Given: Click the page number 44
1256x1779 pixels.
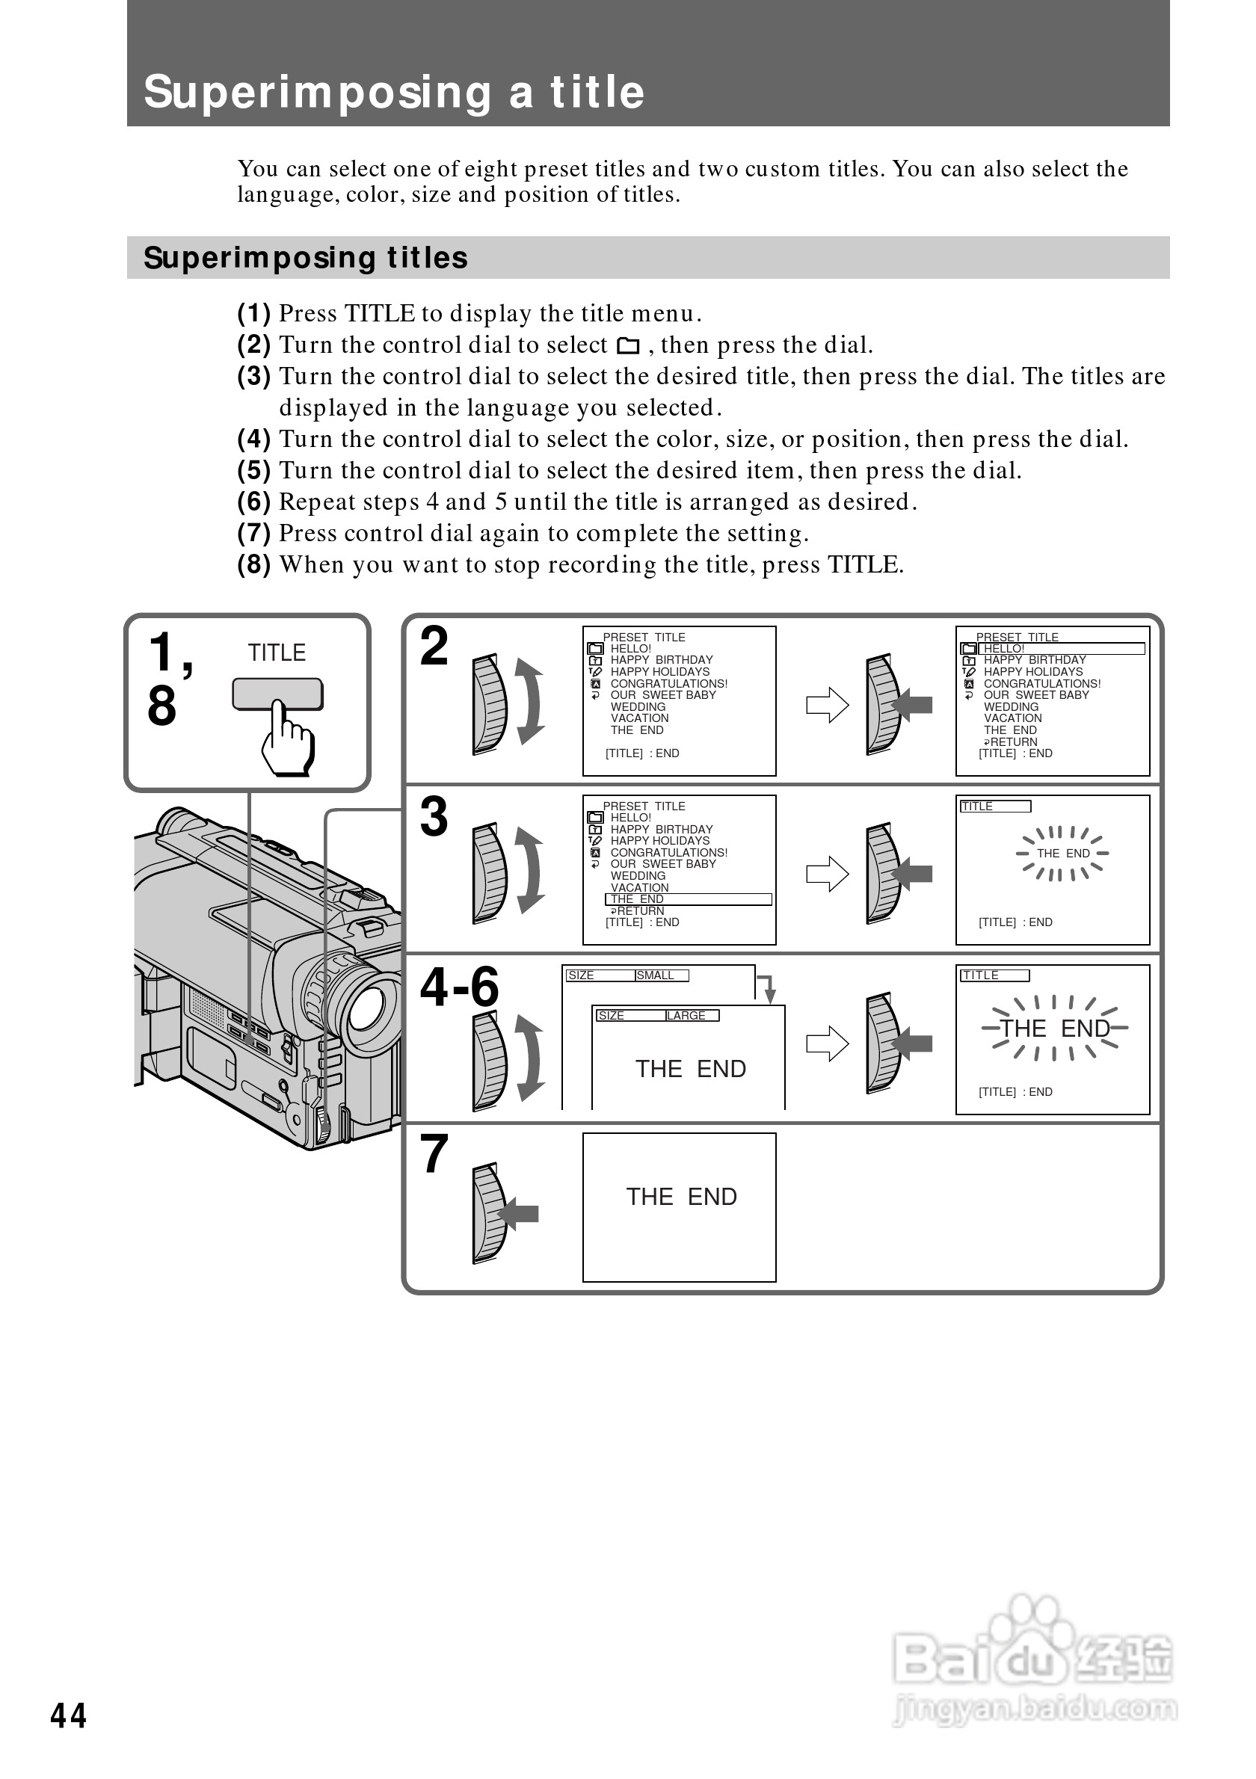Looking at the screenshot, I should click(x=68, y=1716).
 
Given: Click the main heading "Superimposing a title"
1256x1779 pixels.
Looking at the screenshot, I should click(x=393, y=92).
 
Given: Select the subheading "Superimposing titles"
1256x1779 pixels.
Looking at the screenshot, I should click(x=305, y=258).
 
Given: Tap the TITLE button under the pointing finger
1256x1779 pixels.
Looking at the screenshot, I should click(x=277, y=694).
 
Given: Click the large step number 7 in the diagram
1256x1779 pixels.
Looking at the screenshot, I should click(x=434, y=1156).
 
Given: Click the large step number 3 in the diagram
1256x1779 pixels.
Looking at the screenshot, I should click(x=434, y=817).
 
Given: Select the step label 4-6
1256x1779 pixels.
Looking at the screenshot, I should click(x=459, y=987).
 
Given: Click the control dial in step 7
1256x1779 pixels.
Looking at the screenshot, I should click(x=489, y=1213).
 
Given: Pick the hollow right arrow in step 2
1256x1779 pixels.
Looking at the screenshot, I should click(x=828, y=705).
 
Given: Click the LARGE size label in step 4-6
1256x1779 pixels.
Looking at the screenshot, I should click(x=686, y=1016).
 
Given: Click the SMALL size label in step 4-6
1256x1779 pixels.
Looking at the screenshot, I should click(x=656, y=975).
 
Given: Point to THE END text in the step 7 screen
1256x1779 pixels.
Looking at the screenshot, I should click(x=681, y=1197).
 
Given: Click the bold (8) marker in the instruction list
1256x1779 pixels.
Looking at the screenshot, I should click(x=253, y=565).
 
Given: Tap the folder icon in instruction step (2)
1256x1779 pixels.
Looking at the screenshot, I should click(x=627, y=345).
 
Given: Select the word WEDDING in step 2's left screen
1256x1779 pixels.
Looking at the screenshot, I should click(x=638, y=706).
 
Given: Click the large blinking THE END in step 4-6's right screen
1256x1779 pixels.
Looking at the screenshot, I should click(x=1055, y=1029).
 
